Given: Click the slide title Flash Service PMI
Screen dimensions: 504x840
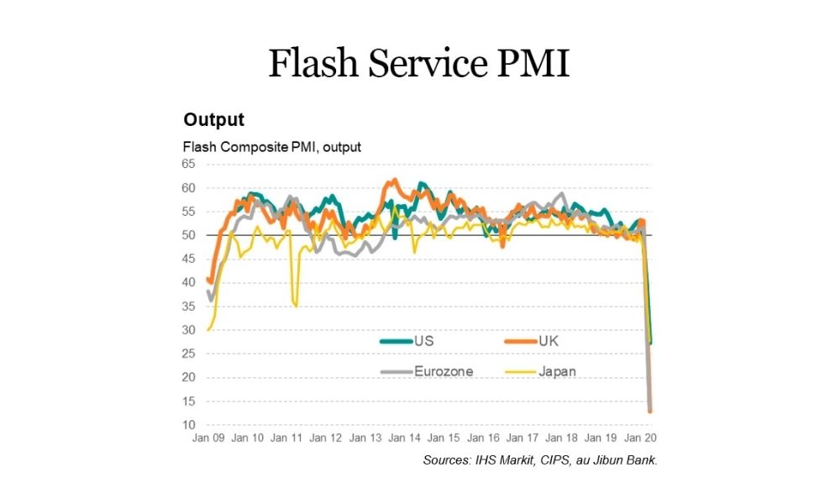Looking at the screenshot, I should pyautogui.click(x=419, y=64).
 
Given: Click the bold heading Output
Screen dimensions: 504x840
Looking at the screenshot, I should pyautogui.click(x=213, y=119).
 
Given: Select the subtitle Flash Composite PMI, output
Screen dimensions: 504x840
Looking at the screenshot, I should pyautogui.click(x=272, y=147).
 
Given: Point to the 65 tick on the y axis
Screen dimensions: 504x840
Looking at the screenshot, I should pyautogui.click(x=189, y=165).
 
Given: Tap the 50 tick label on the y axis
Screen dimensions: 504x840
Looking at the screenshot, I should pyautogui.click(x=189, y=235).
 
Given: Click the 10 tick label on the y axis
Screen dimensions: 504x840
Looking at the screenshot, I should pyautogui.click(x=189, y=425).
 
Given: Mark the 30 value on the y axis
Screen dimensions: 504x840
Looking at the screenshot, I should pyautogui.click(x=189, y=330).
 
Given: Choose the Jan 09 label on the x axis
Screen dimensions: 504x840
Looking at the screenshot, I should pyautogui.click(x=207, y=438).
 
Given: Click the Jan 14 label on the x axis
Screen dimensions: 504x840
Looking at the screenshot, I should pyautogui.click(x=405, y=438).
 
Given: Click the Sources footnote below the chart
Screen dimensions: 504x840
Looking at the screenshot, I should pyautogui.click(x=539, y=460).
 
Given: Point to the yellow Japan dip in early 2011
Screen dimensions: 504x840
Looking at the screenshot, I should pyautogui.click(x=295, y=305).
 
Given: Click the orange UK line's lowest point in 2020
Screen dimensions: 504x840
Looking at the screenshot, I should pyautogui.click(x=650, y=411).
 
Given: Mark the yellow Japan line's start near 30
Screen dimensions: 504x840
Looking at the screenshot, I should pyautogui.click(x=208, y=329).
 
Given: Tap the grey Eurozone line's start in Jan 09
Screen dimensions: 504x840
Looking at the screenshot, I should pyautogui.click(x=208, y=291).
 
